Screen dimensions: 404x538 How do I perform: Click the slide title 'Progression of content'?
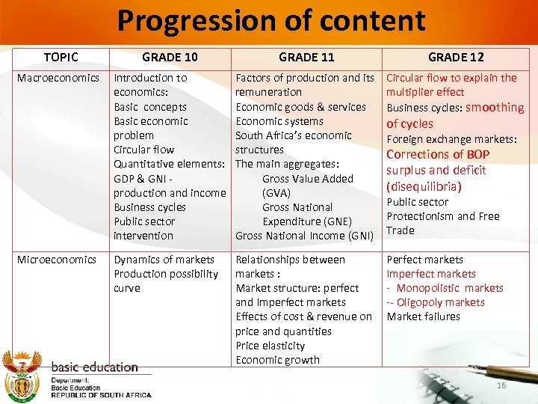(270, 22)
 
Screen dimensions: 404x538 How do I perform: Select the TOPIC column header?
(61, 57)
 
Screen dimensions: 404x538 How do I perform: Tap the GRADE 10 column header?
(170, 57)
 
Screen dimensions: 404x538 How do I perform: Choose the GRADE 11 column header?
(306, 57)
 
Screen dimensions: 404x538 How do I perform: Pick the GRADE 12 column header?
(456, 57)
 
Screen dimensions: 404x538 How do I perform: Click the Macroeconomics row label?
(58, 78)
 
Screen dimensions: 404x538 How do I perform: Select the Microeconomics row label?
(58, 260)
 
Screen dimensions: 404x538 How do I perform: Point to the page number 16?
(501, 385)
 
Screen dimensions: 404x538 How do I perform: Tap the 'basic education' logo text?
(94, 367)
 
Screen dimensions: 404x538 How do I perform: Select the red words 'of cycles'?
(409, 123)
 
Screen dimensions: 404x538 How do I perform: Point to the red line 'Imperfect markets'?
(430, 274)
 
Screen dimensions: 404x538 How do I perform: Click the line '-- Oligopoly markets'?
(436, 302)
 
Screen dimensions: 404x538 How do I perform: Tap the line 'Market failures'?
(423, 316)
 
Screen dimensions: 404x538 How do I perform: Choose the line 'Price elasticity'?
(270, 346)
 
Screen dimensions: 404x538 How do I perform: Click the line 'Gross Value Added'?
(307, 179)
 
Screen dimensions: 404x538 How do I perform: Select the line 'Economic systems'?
(279, 121)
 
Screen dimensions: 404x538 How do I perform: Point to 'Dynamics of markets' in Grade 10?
(164, 260)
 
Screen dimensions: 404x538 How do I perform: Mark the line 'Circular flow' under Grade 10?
(143, 150)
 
